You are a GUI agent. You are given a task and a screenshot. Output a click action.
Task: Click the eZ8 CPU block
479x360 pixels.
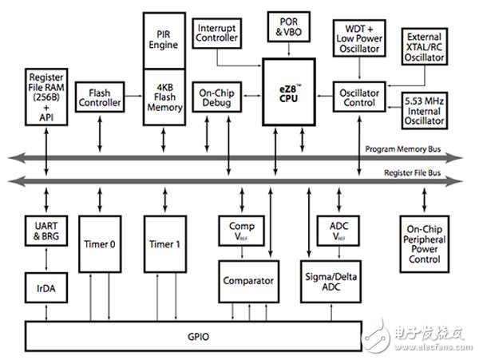tap(289, 92)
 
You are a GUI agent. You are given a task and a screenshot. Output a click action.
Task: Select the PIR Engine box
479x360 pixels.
tap(164, 41)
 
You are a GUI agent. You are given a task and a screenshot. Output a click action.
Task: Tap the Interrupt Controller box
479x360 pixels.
tap(217, 33)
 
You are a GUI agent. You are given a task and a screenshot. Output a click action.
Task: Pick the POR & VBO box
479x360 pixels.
tap(289, 26)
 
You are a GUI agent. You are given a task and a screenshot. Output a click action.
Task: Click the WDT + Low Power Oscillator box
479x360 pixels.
tap(359, 38)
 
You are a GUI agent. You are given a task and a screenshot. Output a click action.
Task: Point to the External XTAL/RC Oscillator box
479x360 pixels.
tap(425, 46)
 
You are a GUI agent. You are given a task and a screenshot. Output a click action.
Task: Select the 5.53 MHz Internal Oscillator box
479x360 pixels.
tap(425, 110)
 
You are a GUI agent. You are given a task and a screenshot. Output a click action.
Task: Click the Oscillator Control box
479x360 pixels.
tap(359, 97)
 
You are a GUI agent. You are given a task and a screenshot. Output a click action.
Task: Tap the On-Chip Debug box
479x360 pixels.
tap(217, 97)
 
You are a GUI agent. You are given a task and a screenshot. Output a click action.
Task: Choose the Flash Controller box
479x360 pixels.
tap(100, 97)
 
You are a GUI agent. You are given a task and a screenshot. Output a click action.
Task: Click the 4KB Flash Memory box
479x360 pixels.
tap(164, 97)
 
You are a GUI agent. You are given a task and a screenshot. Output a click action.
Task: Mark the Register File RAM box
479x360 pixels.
tap(46, 97)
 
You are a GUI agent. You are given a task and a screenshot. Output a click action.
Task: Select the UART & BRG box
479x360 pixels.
tap(46, 231)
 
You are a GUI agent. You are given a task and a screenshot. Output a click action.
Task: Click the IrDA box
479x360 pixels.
tap(46, 287)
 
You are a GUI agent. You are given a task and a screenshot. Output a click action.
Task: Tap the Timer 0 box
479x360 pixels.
tap(100, 244)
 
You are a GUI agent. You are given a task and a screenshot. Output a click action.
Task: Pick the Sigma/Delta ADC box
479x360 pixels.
tap(331, 282)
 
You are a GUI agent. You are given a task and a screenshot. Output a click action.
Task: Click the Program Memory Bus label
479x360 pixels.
tap(403, 149)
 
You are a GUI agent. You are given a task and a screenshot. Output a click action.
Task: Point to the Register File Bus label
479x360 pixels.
tap(413, 173)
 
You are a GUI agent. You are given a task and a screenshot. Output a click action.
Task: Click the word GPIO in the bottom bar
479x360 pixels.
tap(199, 337)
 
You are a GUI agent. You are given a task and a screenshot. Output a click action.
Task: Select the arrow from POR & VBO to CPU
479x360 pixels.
tap(289, 49)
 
